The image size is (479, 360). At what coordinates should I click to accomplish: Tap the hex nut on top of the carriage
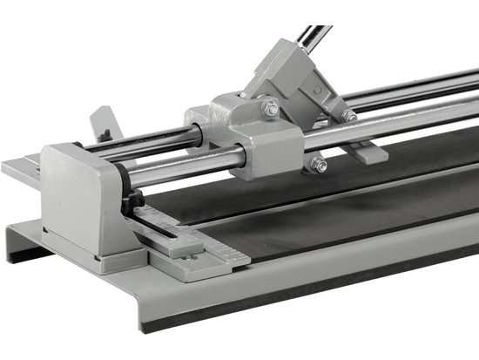point(272,109)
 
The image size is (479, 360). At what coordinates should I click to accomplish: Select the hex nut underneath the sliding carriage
point(320,164)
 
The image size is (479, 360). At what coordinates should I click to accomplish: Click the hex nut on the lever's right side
point(348,115)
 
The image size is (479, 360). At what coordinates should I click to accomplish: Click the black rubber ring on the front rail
point(126,180)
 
